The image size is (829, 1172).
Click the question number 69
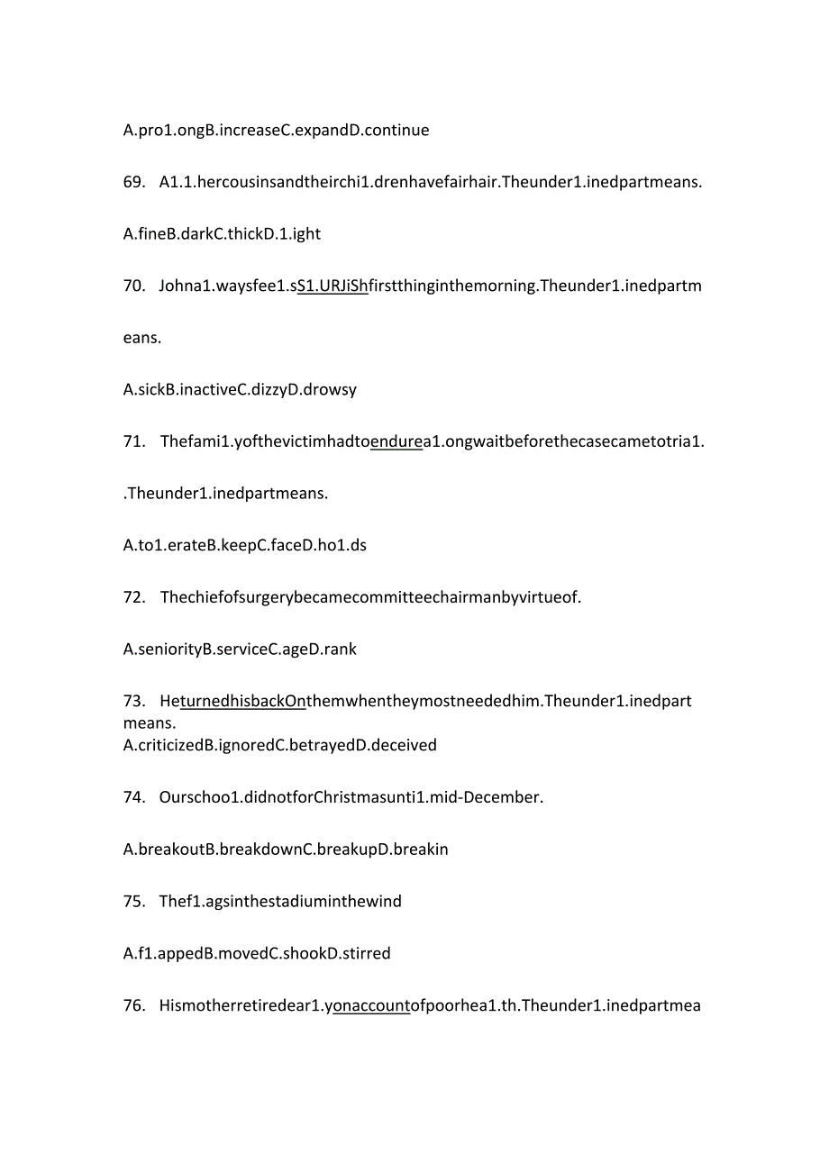tap(134, 182)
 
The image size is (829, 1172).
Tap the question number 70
tap(134, 286)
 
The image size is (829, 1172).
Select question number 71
tap(134, 441)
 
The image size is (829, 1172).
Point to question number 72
tap(134, 597)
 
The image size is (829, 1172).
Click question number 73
tap(134, 701)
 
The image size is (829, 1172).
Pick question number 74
tap(134, 797)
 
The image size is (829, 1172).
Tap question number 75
tap(134, 901)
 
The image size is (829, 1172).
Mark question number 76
tap(134, 1005)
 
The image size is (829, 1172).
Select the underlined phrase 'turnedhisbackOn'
tap(242, 701)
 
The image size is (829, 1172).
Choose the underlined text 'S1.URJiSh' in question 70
tap(333, 286)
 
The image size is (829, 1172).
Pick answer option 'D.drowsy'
tap(322, 390)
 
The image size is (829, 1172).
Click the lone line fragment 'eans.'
tap(142, 339)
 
